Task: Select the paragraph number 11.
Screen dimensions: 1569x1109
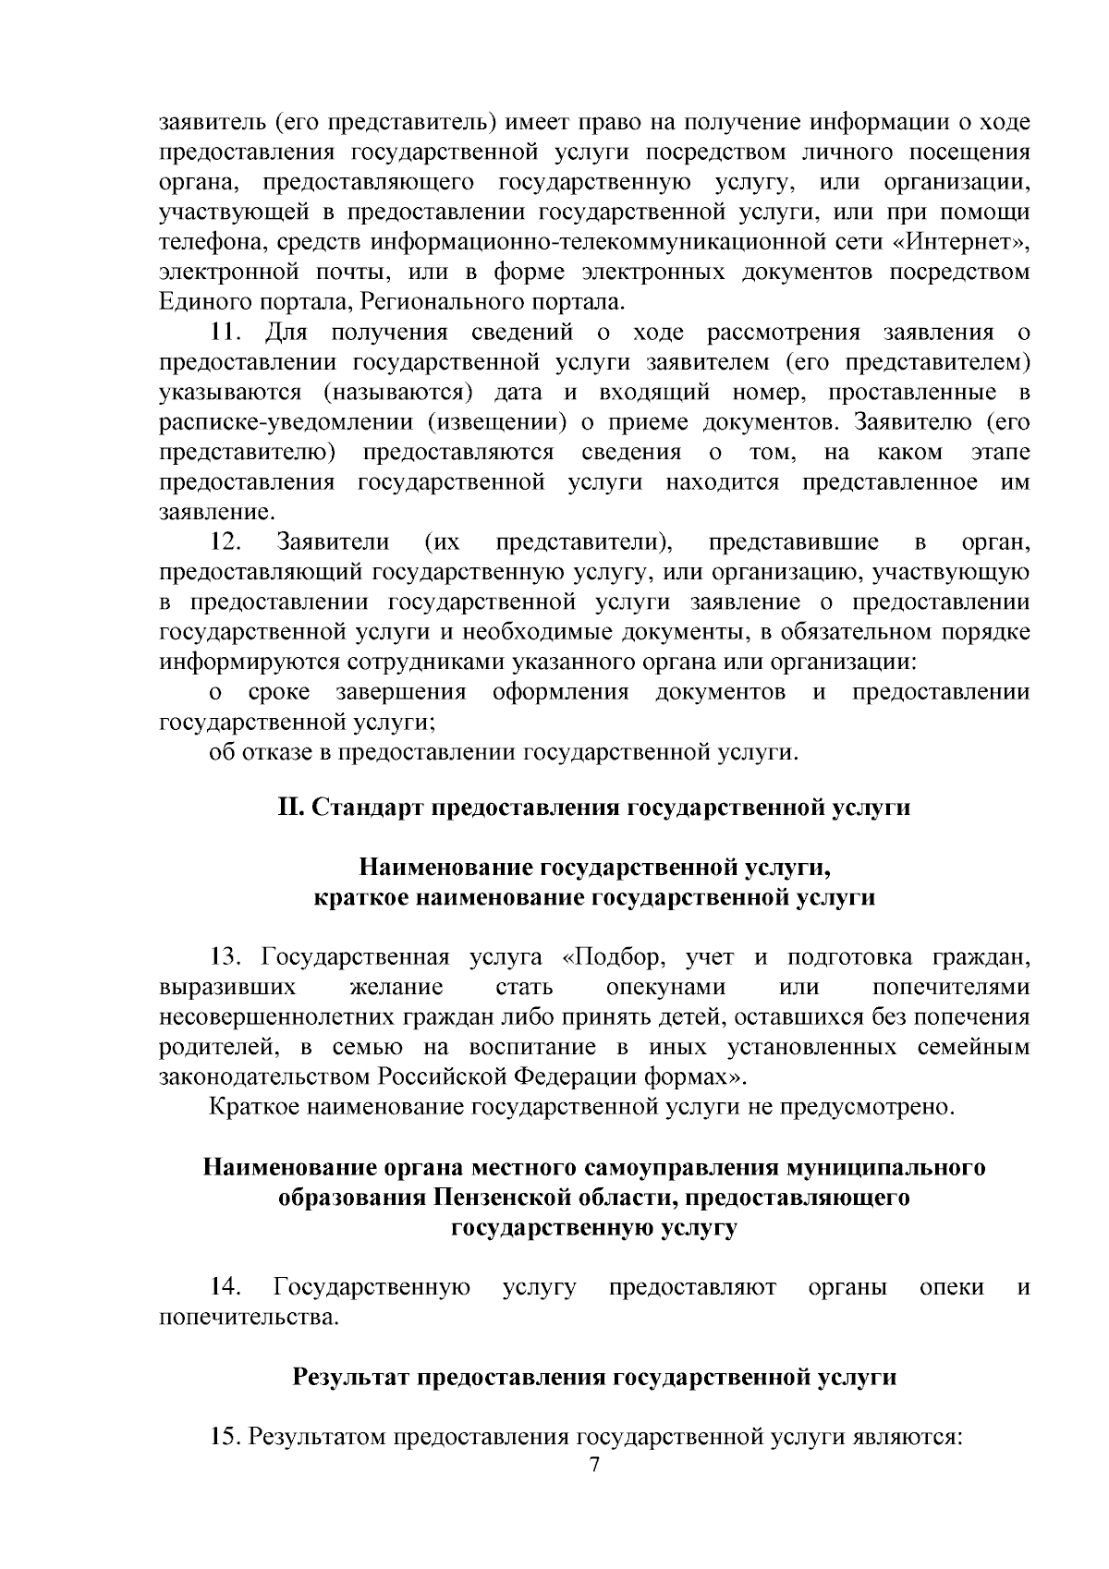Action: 227,332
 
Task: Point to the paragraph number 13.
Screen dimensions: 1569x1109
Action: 227,956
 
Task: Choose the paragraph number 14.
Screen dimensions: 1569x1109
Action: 227,1286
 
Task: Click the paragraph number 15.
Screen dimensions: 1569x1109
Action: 227,1437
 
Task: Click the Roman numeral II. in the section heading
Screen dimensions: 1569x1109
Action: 291,808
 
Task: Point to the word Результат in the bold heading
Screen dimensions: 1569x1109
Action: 351,1377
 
